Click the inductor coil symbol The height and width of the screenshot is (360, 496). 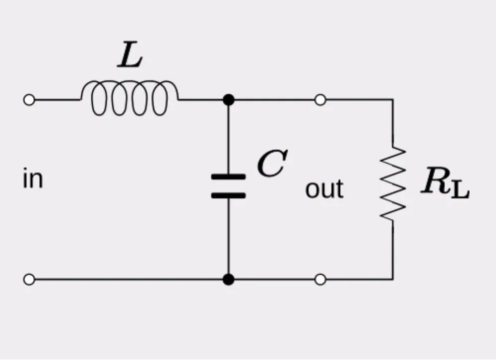tap(129, 98)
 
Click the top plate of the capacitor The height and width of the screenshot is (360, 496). tap(228, 177)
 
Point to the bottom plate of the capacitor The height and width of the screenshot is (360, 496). tap(228, 195)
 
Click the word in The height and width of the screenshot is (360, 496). tap(33, 179)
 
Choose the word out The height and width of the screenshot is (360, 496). tap(324, 189)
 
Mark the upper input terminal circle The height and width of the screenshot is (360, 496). tap(29, 100)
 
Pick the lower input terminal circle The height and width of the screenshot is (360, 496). tap(29, 280)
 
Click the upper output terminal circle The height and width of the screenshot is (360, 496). tap(320, 100)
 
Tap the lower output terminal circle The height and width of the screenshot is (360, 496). tap(320, 280)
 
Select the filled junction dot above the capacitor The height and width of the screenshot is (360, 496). tap(228, 100)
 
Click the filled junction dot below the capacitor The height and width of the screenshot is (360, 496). tap(228, 280)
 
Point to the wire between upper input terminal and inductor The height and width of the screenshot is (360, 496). tap(57, 100)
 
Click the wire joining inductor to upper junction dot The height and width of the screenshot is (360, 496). tap(201, 100)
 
